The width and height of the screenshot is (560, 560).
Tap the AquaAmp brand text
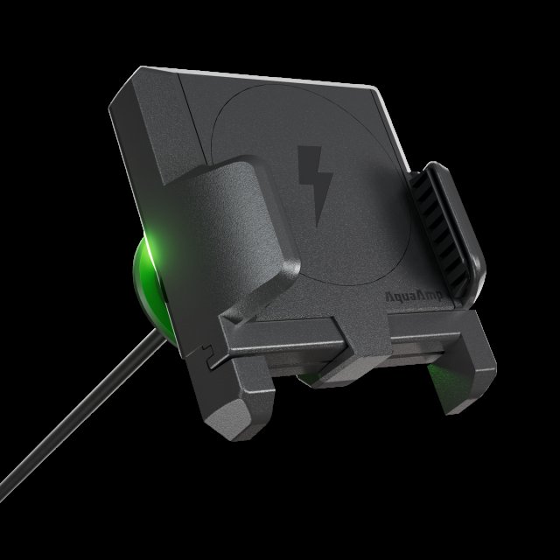tap(414, 296)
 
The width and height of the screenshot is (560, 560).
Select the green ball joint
tap(151, 286)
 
